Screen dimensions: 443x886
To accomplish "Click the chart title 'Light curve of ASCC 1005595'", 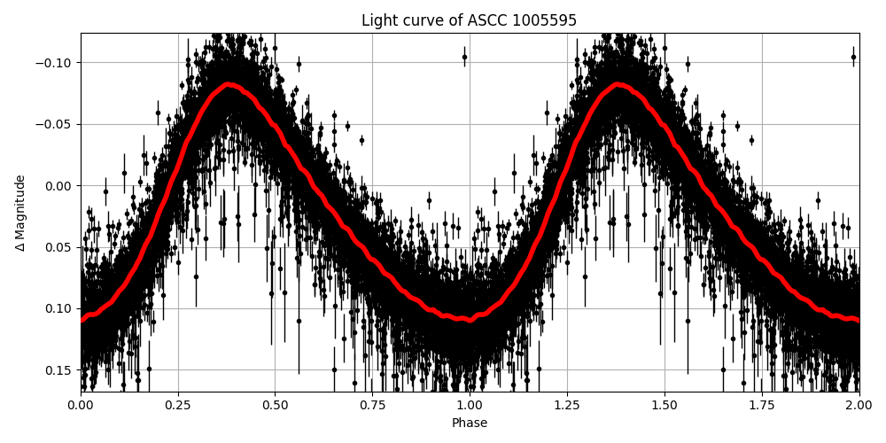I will pyautogui.click(x=469, y=20).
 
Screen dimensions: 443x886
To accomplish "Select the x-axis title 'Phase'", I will pyautogui.click(x=470, y=423).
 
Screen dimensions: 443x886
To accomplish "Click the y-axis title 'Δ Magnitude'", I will pyautogui.click(x=20, y=213).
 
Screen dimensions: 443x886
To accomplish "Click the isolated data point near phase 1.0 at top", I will pyautogui.click(x=464, y=57).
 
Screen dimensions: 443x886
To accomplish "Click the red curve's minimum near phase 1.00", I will pyautogui.click(x=470, y=319).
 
